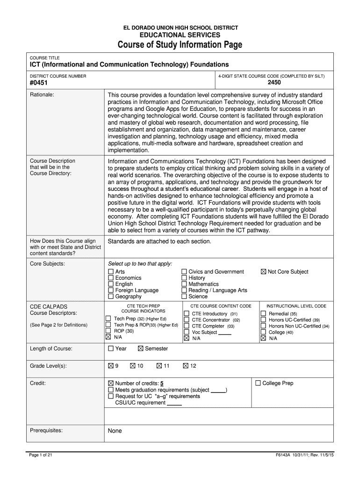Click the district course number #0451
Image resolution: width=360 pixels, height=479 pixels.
point(39,83)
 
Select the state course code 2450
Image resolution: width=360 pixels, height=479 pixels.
point(274,83)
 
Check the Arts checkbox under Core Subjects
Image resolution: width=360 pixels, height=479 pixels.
point(111,272)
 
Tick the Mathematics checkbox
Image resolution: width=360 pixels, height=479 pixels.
point(184,284)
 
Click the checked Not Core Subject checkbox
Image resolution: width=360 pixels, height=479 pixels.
point(263,272)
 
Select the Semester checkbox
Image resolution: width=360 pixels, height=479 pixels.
point(141,348)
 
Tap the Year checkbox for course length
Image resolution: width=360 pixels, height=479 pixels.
point(111,348)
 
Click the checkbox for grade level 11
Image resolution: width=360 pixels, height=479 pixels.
point(159,366)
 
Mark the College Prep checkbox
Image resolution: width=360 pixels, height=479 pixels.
point(258,383)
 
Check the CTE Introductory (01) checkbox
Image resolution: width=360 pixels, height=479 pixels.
point(187,313)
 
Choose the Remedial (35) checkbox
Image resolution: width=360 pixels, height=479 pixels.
point(263,313)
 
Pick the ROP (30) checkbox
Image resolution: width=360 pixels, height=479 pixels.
point(109,331)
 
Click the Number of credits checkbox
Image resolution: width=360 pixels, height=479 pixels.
point(111,383)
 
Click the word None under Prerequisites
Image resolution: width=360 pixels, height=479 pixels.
point(115,431)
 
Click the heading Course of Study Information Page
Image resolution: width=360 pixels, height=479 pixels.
point(180,45)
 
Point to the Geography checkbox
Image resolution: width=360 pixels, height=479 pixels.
point(111,296)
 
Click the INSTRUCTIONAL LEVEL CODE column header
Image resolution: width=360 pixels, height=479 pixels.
point(296,306)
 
